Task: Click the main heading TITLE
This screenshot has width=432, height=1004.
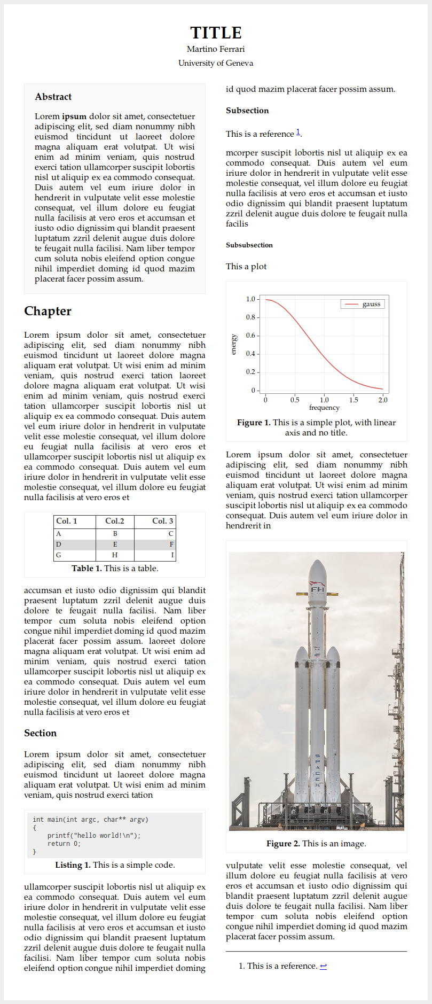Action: point(216,33)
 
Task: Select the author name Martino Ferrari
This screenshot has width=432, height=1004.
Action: point(216,49)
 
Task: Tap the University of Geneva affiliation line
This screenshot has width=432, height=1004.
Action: point(216,63)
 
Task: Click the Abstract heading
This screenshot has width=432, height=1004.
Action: point(53,97)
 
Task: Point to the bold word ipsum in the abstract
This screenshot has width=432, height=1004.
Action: point(74,116)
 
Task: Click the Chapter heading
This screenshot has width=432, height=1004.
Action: point(48,311)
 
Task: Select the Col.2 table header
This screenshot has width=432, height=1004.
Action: point(115,521)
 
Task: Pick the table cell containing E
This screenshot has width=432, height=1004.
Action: point(115,544)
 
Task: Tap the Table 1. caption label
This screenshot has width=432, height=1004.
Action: point(87,569)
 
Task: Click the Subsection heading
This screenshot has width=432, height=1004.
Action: point(247,111)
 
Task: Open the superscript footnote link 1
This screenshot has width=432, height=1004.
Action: point(298,132)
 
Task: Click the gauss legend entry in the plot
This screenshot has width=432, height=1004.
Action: point(371,304)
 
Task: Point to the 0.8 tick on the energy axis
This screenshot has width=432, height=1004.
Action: point(250,317)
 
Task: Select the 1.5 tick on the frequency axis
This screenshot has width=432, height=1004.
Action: point(354,400)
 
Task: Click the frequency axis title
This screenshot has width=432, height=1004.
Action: point(324,408)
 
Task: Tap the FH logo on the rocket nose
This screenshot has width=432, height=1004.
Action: point(318,590)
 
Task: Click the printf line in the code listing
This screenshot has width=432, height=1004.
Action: point(93,836)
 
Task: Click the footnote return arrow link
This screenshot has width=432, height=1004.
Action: point(323,966)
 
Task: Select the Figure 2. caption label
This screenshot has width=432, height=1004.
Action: point(283,844)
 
